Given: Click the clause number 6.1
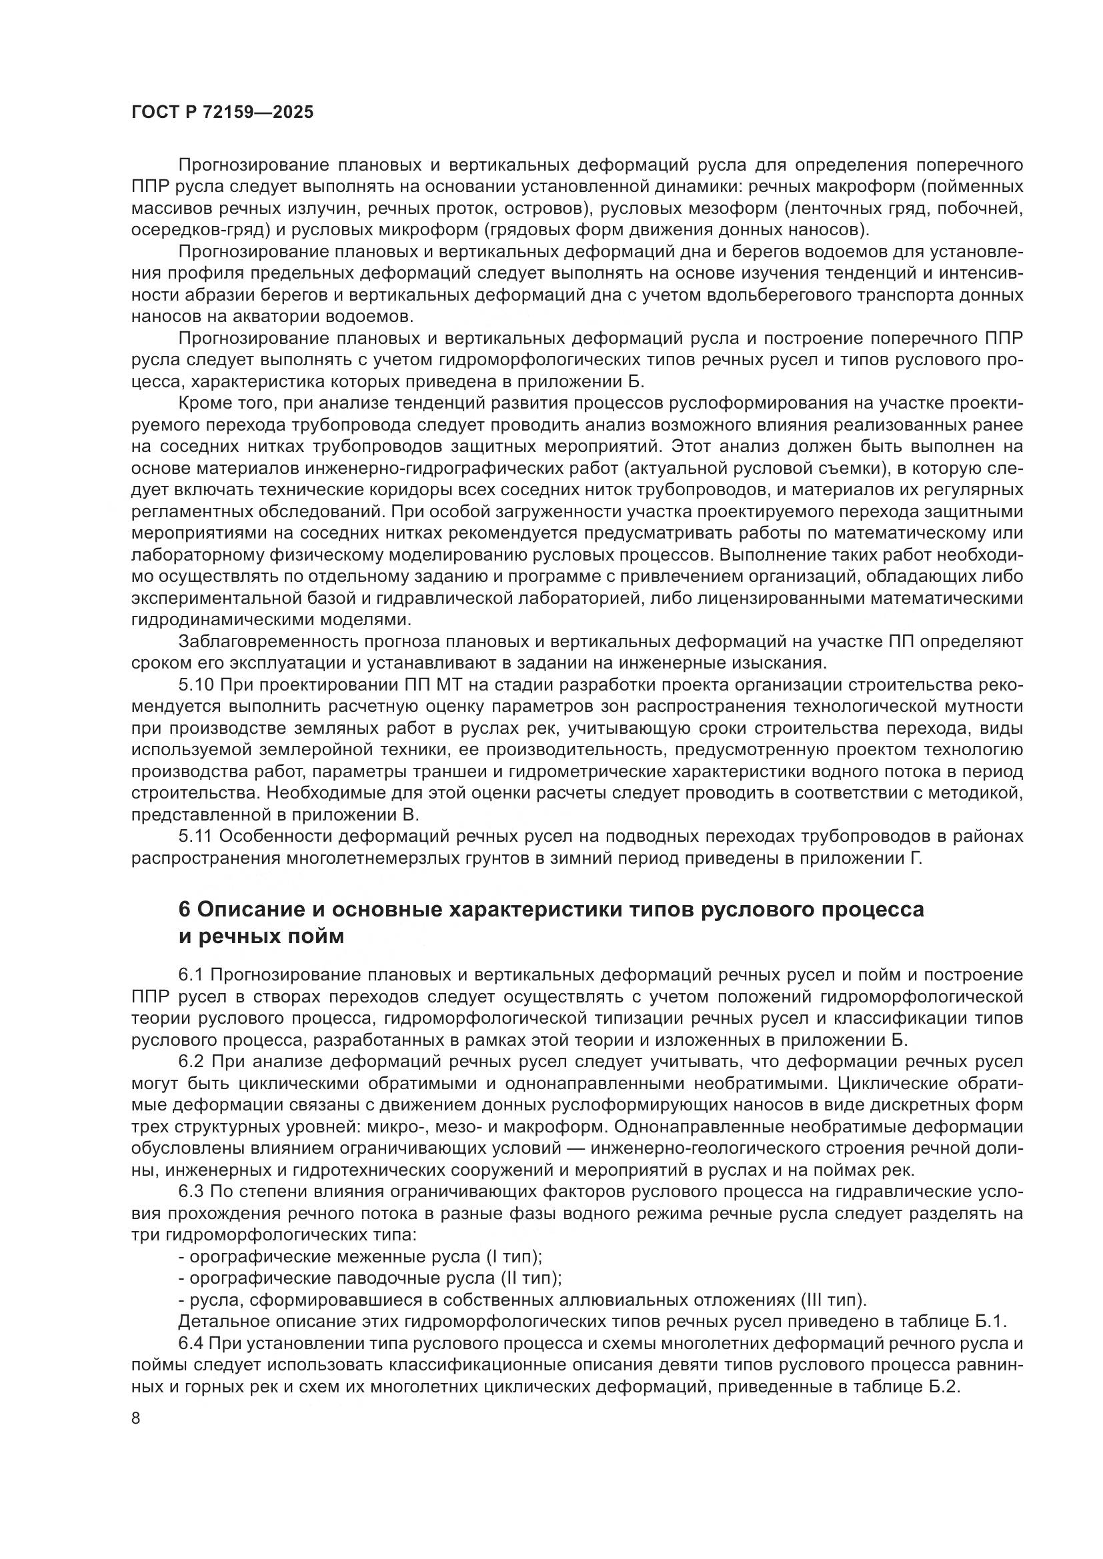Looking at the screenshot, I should [191, 976].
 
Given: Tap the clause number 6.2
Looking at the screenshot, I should [192, 1062].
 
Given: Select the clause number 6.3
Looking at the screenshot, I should [192, 1192].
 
